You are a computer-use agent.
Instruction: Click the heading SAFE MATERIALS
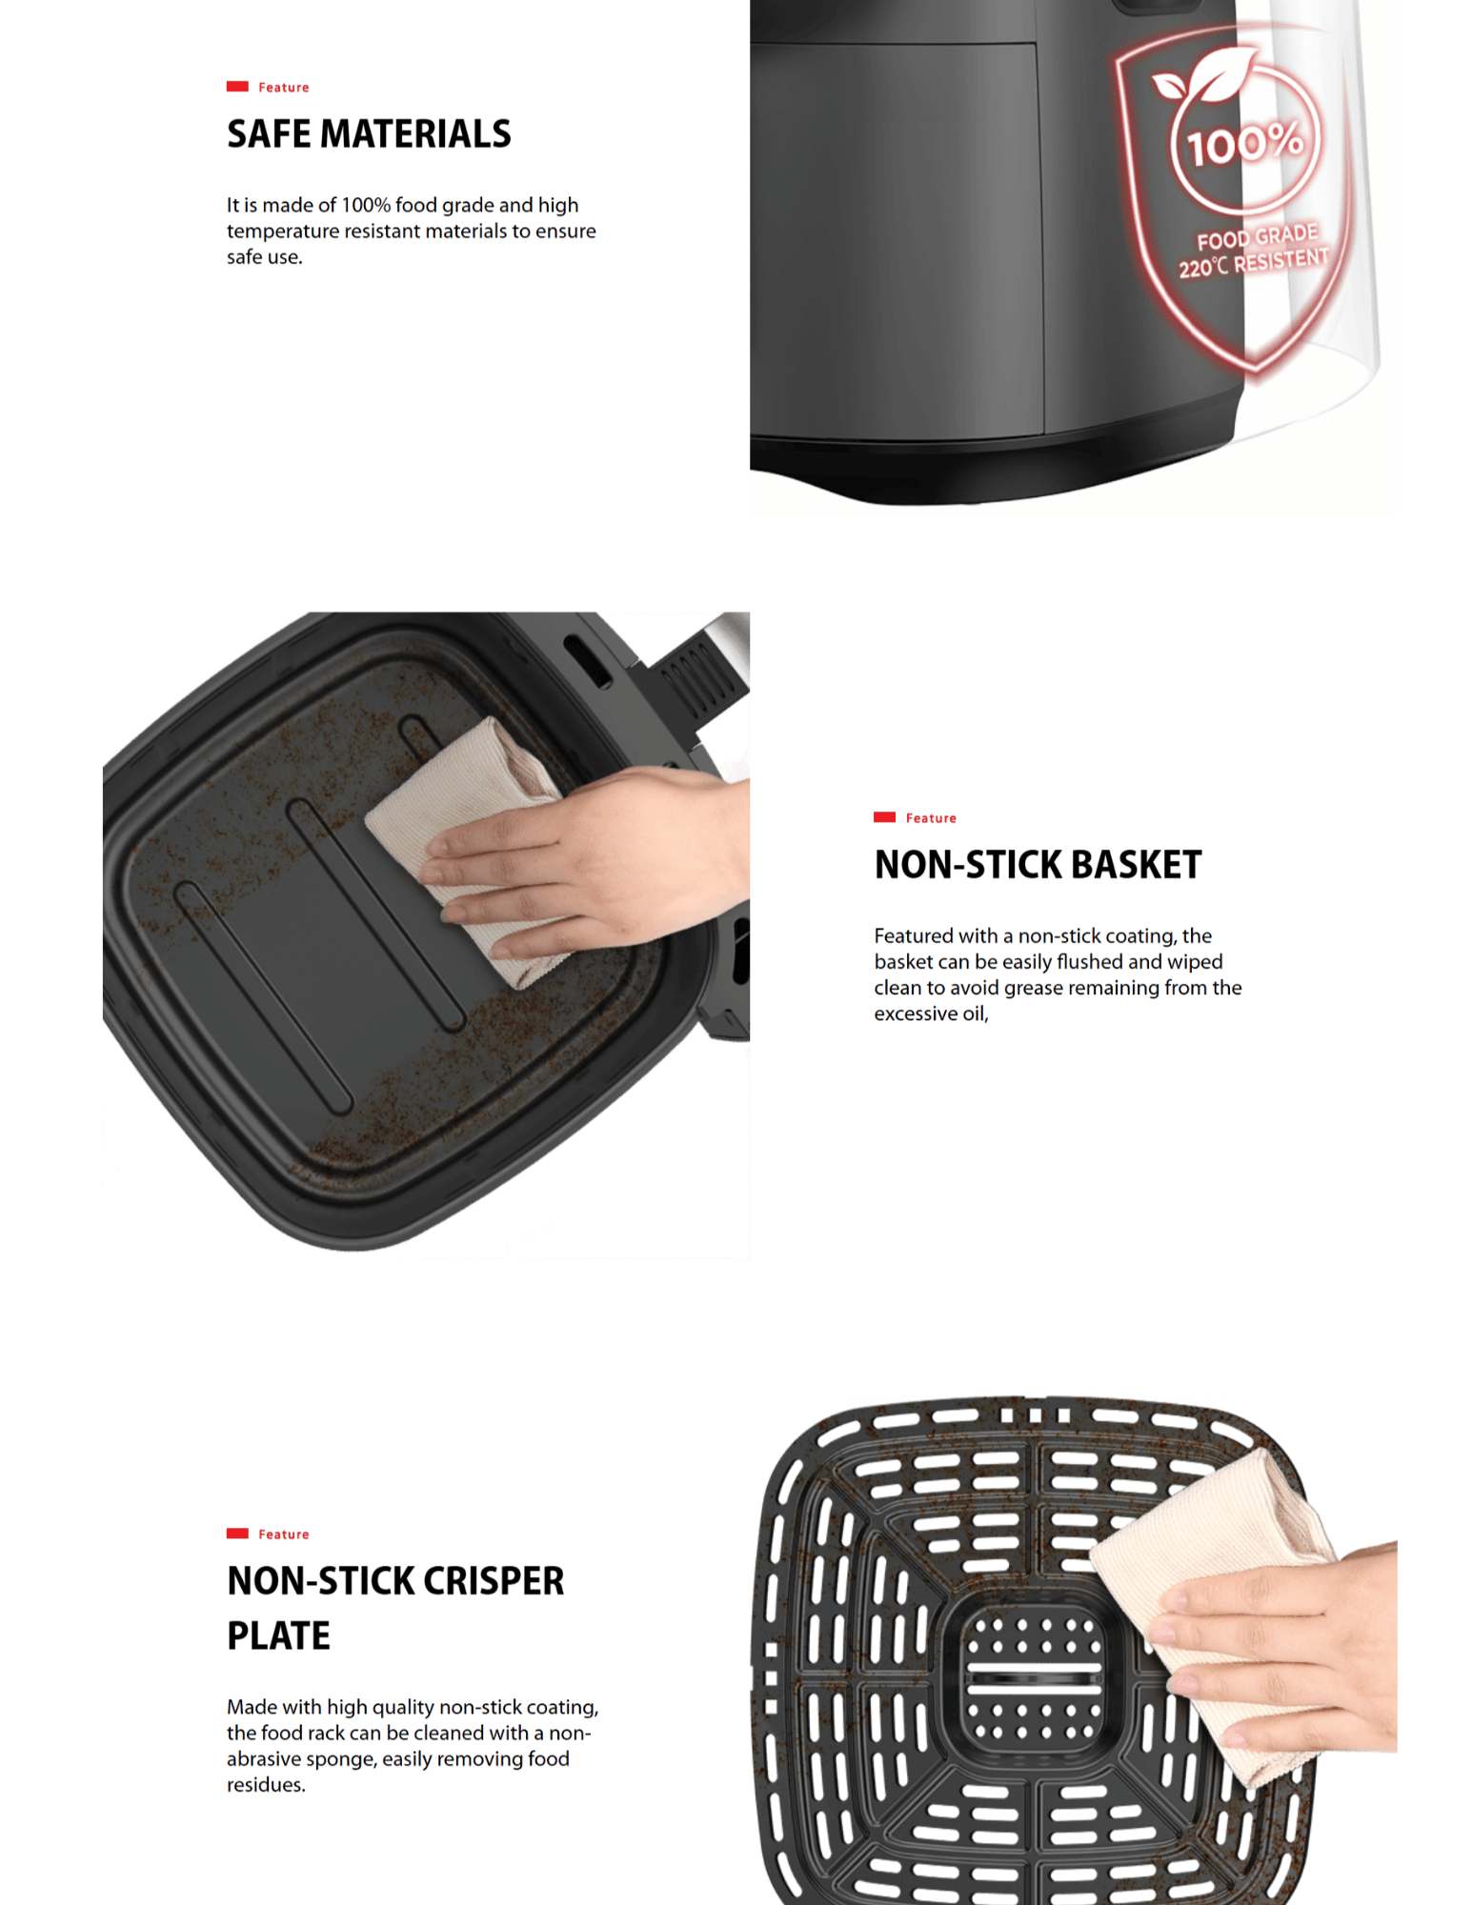(x=369, y=133)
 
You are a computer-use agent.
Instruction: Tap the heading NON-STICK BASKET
(x=1038, y=865)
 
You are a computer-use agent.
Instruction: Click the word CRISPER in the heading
(x=494, y=1581)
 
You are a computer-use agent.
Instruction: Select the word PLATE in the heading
(x=278, y=1636)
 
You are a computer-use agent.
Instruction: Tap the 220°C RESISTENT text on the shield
(x=1253, y=263)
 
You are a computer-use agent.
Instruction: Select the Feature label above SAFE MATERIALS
(x=284, y=88)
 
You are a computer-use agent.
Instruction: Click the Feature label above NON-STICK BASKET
(x=931, y=818)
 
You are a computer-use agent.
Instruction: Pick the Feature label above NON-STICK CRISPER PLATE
(x=284, y=1534)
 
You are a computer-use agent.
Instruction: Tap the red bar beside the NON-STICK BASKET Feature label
(x=884, y=817)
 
